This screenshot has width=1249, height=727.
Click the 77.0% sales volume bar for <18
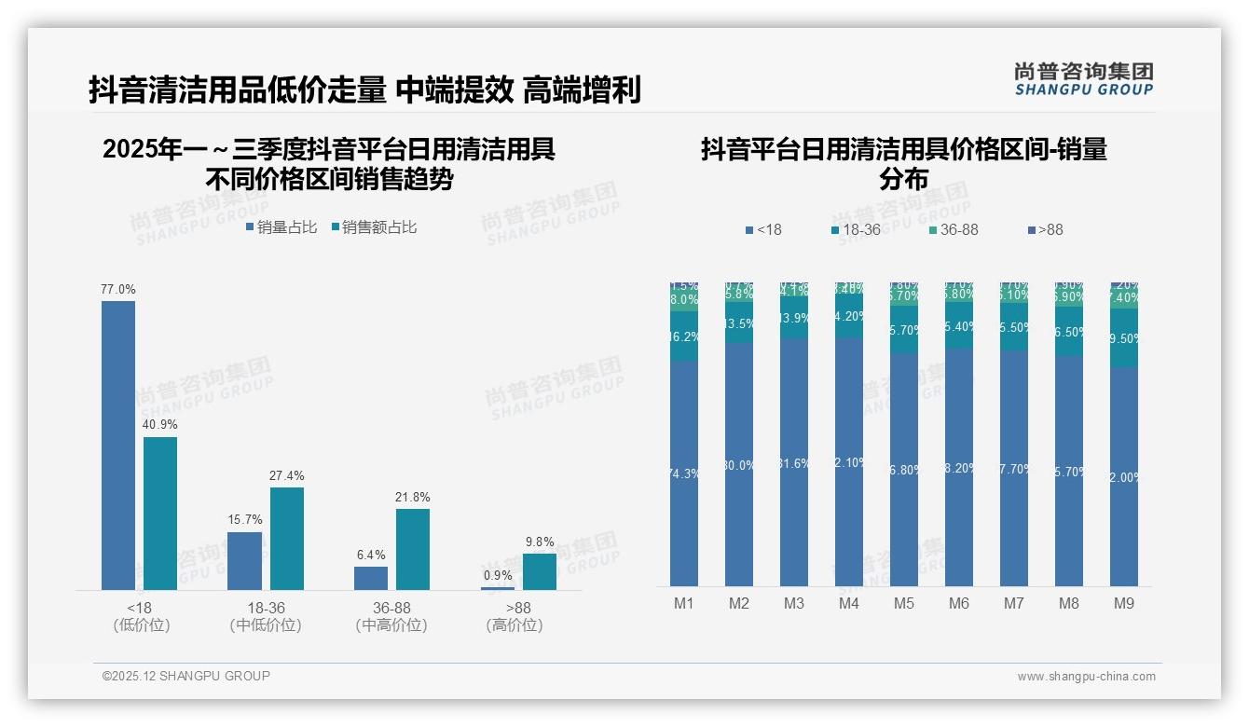point(118,445)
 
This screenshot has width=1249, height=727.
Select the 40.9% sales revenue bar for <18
point(160,513)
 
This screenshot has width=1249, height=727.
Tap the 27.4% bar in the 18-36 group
point(287,538)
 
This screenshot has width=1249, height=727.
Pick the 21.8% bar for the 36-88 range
point(413,548)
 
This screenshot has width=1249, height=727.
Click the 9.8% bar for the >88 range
point(540,571)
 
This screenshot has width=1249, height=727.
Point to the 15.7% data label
point(245,519)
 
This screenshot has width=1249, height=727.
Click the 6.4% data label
point(371,555)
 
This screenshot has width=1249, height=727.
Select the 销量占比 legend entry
point(282,226)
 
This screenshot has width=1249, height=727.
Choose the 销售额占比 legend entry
point(374,226)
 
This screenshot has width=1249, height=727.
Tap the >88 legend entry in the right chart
point(1045,229)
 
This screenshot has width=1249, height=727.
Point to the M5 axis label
point(904,603)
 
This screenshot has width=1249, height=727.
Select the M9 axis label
point(1124,603)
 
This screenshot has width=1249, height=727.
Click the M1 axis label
point(684,603)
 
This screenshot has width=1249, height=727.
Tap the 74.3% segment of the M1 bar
point(684,473)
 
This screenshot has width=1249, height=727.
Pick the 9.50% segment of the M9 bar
point(1124,337)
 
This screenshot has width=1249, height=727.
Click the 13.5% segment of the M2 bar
point(739,323)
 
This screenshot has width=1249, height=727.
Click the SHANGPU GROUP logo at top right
point(1083,79)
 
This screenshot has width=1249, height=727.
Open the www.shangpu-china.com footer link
point(1086,677)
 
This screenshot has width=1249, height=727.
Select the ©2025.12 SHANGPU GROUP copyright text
point(186,676)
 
